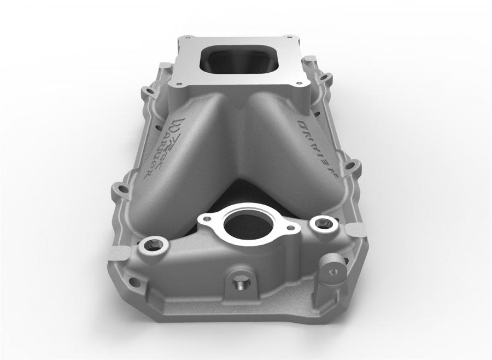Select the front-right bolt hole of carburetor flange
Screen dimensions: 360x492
(297, 84)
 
